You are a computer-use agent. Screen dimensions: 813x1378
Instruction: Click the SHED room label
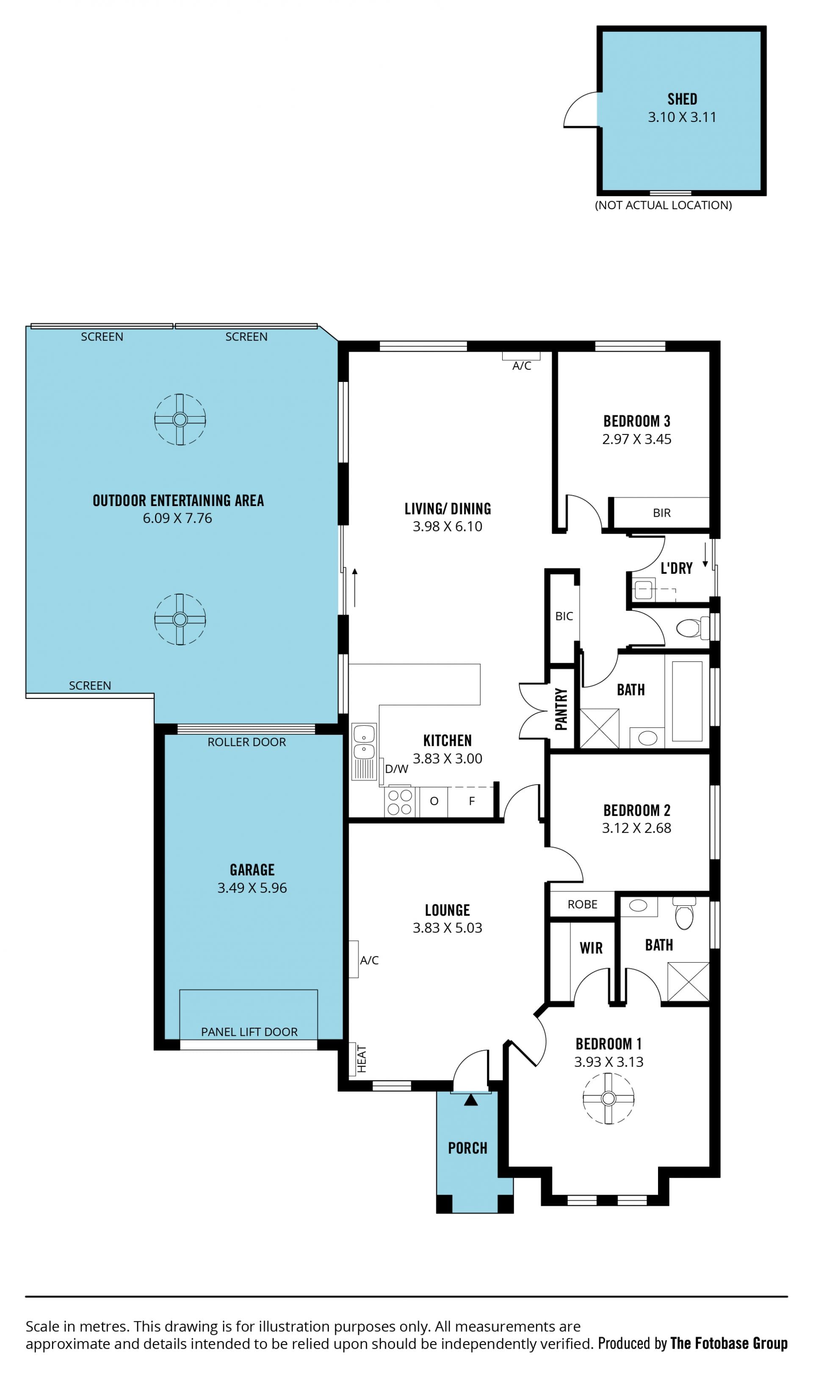pyautogui.click(x=682, y=99)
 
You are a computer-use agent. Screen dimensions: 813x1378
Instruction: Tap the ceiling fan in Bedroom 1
pyautogui.click(x=608, y=1099)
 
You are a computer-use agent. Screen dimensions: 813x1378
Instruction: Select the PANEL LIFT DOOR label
pyautogui.click(x=249, y=1032)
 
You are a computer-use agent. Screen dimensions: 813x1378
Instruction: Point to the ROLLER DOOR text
pyautogui.click(x=246, y=742)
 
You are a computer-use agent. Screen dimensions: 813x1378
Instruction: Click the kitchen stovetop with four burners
pyautogui.click(x=399, y=802)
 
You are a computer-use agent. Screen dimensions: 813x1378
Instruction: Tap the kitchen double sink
pyautogui.click(x=364, y=744)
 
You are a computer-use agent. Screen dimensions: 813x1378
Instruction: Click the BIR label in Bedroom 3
pyautogui.click(x=662, y=513)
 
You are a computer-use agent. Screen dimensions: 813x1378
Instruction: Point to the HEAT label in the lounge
pyautogui.click(x=362, y=1059)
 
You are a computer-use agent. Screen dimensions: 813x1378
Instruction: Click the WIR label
pyautogui.click(x=591, y=949)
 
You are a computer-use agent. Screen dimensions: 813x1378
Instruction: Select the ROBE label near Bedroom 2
pyautogui.click(x=582, y=905)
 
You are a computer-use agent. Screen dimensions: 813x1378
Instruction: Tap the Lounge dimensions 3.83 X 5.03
pyautogui.click(x=448, y=928)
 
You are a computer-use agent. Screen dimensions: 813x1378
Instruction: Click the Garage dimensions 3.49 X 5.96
pyautogui.click(x=252, y=888)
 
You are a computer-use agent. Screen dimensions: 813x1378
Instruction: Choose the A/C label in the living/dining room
pyautogui.click(x=522, y=366)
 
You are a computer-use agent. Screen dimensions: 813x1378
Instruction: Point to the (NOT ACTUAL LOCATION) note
pyautogui.click(x=664, y=205)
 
